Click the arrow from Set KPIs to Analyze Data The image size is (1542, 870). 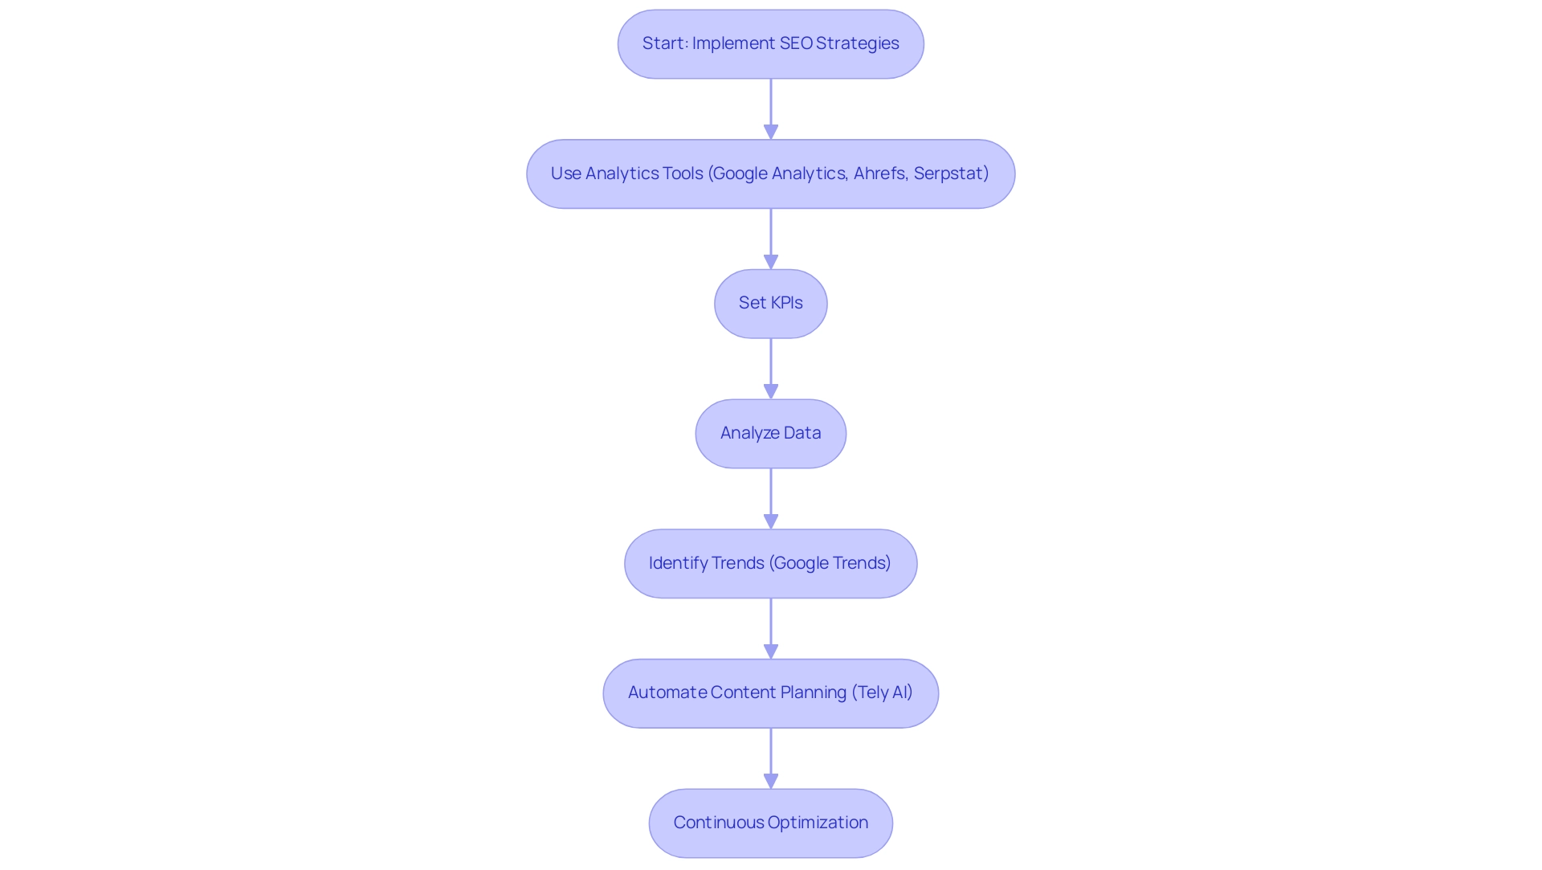point(771,368)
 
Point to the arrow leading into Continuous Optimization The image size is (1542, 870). point(771,758)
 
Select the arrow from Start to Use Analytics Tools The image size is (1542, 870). point(771,108)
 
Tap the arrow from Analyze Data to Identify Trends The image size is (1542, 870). point(771,498)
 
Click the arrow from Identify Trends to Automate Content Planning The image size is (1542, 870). point(771,628)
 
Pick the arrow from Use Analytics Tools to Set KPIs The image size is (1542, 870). point(771,239)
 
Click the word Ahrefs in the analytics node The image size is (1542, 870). point(880,174)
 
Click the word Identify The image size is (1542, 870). point(678,563)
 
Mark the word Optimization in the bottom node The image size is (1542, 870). point(818,823)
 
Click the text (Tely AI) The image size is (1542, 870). point(882,692)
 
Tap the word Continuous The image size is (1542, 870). point(719,823)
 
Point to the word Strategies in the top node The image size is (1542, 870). point(857,43)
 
